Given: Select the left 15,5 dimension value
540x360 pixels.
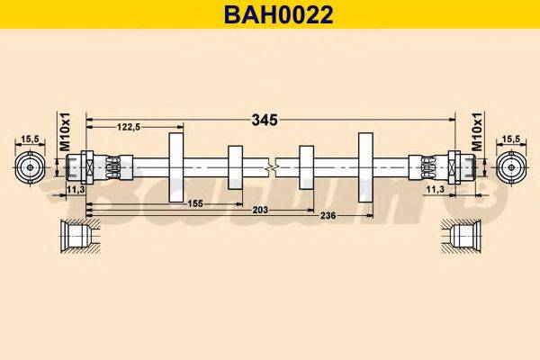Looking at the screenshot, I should (x=30, y=139).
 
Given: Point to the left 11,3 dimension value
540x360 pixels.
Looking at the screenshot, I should (x=76, y=190).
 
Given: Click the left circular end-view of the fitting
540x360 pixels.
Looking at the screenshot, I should (x=31, y=167).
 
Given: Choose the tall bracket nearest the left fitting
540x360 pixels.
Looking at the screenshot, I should (x=175, y=167).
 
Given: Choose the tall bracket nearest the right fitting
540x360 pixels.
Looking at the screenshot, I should (x=365, y=167).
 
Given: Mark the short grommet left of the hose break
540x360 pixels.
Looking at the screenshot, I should (x=236, y=167).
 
